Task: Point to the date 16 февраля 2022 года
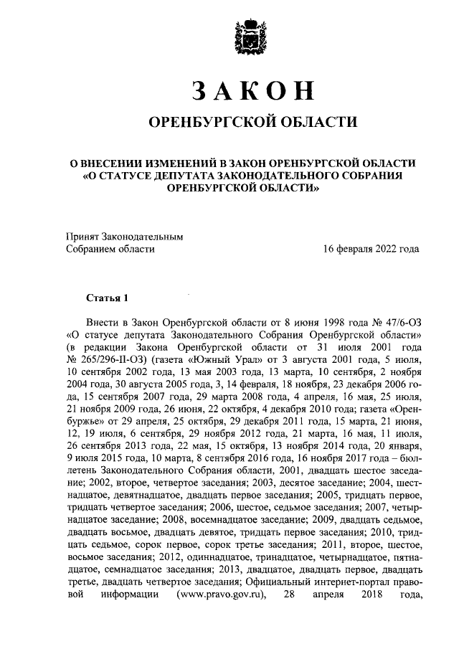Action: (x=371, y=249)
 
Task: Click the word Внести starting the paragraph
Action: (x=102, y=322)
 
